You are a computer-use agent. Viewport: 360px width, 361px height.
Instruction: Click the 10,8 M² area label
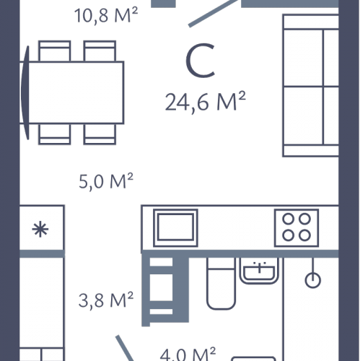106,16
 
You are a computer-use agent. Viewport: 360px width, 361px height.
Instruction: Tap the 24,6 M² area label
205,102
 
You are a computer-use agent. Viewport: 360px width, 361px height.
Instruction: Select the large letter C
200,61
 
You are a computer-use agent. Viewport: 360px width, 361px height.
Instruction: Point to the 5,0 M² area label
106,181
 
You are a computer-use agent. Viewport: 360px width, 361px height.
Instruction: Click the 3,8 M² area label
106,300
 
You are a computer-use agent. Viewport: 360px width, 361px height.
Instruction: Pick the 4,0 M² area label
188,355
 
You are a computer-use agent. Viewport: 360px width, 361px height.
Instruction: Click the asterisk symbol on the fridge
40,229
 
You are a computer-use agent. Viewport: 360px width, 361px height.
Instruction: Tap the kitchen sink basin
175,228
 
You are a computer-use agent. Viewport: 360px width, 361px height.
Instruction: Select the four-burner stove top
297,228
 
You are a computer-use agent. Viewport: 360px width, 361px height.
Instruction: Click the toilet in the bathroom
221,283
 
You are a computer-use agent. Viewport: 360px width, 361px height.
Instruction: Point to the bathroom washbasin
259,271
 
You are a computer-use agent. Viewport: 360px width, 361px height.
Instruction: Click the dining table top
76,92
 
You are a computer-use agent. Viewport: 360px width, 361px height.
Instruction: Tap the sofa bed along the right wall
311,85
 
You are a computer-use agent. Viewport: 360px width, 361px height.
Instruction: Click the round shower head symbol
313,280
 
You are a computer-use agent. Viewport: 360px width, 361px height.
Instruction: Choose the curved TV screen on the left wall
25,92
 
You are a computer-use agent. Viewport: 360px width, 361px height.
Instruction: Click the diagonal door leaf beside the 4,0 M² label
125,348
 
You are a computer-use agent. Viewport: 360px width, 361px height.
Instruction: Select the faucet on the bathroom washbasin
259,267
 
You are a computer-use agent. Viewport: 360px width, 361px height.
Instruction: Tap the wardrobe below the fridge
42,309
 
